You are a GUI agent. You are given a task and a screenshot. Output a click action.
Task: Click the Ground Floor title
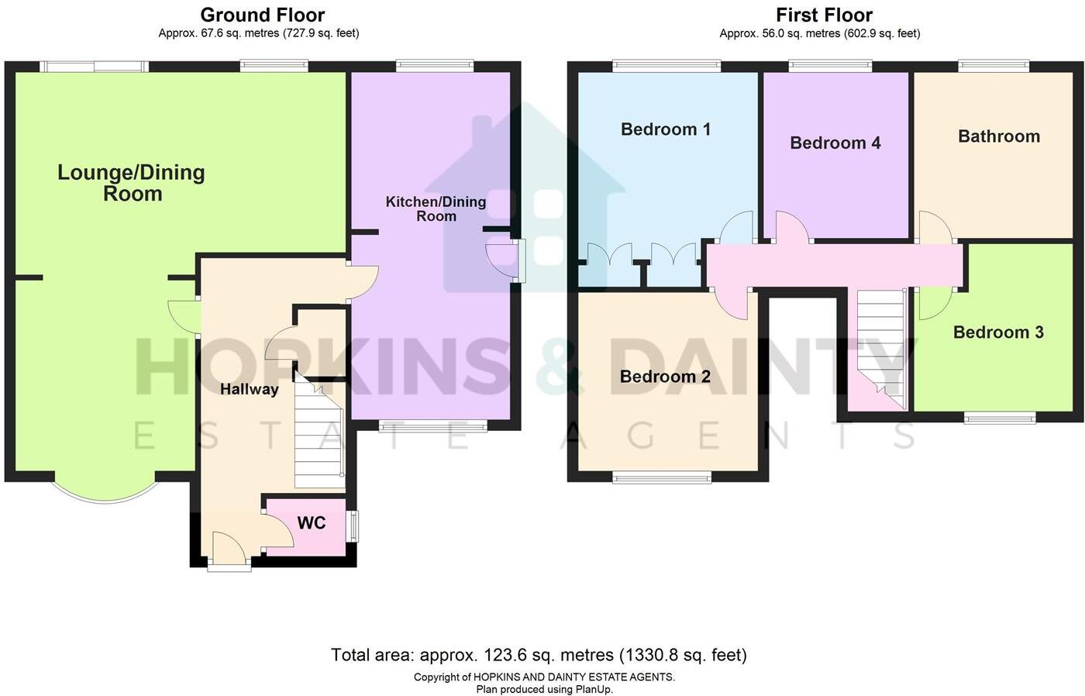click(262, 15)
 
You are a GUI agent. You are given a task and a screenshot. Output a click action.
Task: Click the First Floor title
click(824, 15)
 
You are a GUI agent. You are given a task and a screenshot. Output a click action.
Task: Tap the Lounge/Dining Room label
click(132, 183)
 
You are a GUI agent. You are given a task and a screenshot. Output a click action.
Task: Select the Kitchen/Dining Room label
click(436, 208)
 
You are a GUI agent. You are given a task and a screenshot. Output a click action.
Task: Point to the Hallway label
click(249, 389)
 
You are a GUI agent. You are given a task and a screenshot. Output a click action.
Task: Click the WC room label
click(312, 523)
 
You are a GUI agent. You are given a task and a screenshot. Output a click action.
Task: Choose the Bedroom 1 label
click(666, 129)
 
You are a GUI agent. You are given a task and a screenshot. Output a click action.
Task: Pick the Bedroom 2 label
click(665, 377)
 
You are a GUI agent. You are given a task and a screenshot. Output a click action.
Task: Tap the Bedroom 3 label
click(998, 332)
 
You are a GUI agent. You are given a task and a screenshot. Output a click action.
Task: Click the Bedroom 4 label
click(835, 143)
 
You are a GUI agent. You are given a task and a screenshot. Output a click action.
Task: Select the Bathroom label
click(999, 136)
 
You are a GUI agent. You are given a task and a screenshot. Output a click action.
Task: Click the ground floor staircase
click(319, 434)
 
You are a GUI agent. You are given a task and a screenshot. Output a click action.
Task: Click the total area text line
click(539, 655)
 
